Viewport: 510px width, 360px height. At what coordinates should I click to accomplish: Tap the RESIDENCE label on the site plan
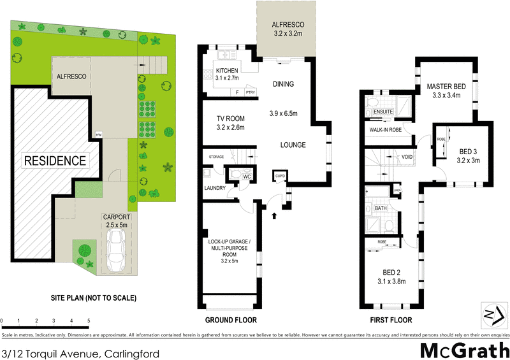click(x=55, y=161)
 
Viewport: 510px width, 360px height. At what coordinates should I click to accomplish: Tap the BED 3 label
click(x=469, y=152)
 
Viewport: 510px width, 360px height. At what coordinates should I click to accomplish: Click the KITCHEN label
click(x=227, y=71)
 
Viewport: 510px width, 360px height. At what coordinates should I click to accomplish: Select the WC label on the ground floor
click(x=245, y=176)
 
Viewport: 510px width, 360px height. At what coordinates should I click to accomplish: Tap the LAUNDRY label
click(x=215, y=189)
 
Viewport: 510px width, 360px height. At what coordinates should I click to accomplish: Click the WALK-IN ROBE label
click(x=384, y=130)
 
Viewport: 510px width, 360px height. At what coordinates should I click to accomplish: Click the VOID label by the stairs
click(x=406, y=156)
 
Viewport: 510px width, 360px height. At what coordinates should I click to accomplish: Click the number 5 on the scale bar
click(x=89, y=320)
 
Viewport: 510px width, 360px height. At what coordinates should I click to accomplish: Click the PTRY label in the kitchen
click(x=250, y=93)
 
